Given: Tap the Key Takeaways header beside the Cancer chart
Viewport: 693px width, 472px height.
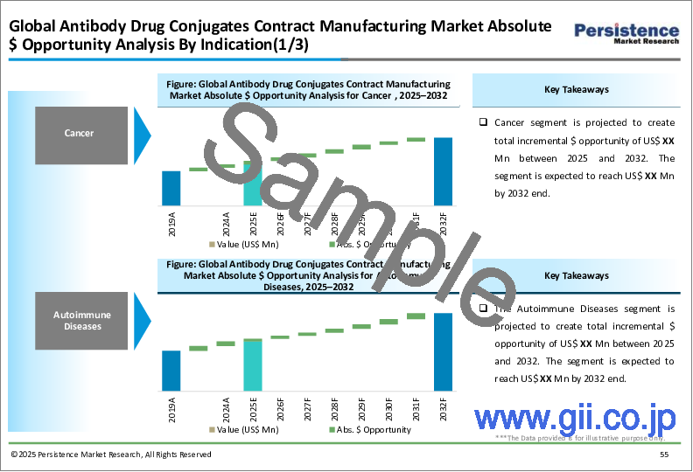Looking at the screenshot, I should tap(577, 89).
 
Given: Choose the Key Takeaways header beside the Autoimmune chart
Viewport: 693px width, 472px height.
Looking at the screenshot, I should tap(577, 275).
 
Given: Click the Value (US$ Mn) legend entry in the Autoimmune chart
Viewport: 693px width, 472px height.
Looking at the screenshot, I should tap(246, 429).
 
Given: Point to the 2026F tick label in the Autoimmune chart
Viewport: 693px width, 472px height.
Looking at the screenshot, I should tap(280, 408).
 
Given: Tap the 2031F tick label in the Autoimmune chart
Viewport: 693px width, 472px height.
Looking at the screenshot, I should tap(416, 408).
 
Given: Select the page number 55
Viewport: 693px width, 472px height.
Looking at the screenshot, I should tap(664, 455).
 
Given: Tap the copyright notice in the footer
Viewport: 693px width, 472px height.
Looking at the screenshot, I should tap(111, 455).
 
